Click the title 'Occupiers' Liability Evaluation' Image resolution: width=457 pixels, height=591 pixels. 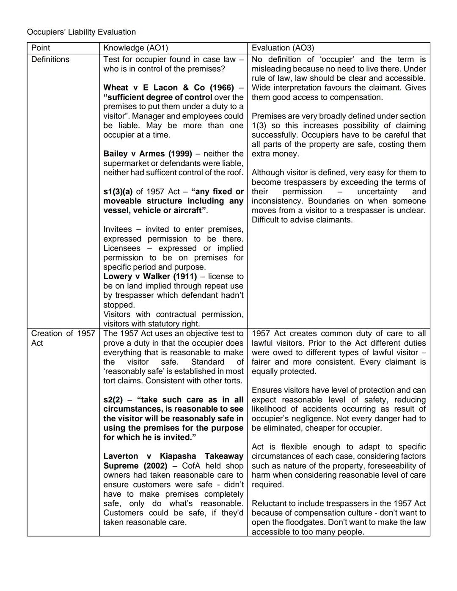81,32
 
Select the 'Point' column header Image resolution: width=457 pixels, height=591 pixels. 41,48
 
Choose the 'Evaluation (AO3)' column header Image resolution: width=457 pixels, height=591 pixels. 283,48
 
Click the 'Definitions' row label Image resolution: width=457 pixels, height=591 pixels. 50,59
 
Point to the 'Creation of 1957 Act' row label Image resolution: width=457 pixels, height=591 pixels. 63,338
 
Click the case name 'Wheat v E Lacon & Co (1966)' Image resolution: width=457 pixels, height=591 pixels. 168,88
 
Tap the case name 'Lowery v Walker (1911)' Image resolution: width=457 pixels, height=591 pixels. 150,276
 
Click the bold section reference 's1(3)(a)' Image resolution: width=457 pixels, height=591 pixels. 118,192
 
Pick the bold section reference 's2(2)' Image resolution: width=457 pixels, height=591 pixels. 113,400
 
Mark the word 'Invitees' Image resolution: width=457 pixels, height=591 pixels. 118,229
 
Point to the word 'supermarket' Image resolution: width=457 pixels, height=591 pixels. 125,163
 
